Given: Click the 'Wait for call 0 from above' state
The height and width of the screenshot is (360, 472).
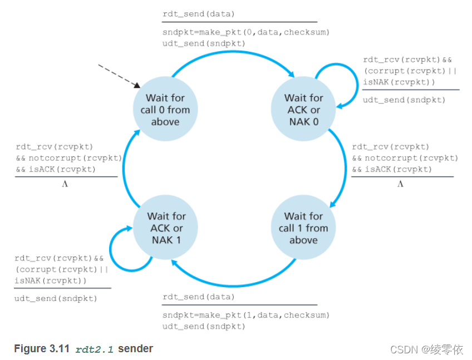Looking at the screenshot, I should point(165,110).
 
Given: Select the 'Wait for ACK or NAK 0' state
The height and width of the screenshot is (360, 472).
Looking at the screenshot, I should point(303,110).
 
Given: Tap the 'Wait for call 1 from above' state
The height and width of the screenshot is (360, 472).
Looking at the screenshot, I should point(303,228).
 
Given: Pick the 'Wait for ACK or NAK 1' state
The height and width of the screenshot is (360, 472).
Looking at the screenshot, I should point(165,228).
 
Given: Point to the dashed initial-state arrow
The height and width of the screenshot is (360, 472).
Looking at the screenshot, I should point(118,75).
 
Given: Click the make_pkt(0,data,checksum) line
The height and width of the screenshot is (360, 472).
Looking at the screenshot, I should point(246,32).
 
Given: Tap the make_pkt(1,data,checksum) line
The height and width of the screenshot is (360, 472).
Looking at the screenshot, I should point(246,315).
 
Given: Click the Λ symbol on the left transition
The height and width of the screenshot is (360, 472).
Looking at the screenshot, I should point(65,184).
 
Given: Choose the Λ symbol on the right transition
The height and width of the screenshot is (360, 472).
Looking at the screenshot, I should point(400,184).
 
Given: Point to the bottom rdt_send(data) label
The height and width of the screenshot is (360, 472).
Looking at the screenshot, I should point(199,297).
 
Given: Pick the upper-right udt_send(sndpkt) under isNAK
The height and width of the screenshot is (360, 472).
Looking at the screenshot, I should point(404,100).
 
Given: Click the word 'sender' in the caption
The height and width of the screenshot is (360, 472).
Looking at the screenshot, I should point(135,349).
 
